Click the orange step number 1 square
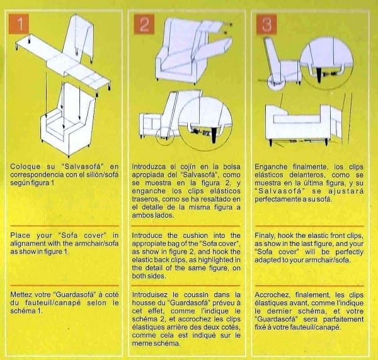19,23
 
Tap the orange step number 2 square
144,25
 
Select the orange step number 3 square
266,25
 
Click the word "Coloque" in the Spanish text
25,167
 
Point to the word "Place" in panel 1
20,235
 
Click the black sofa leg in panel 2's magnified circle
214,135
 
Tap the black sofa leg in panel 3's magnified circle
319,75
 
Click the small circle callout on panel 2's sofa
165,137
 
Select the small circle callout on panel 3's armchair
275,83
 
